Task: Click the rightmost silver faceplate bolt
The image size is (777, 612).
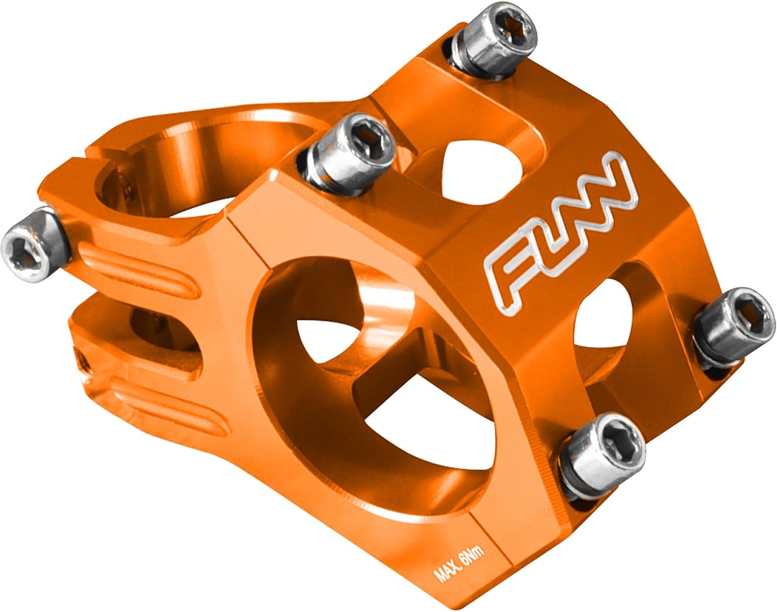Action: click(733, 328)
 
